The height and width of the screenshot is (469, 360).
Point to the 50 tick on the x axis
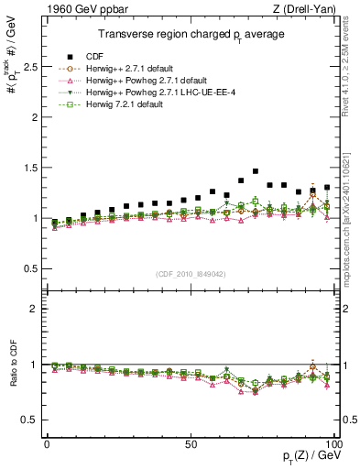[x=191, y=442]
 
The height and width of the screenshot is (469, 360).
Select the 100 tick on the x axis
[x=334, y=442]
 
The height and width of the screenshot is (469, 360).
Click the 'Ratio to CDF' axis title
[x=12, y=378]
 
